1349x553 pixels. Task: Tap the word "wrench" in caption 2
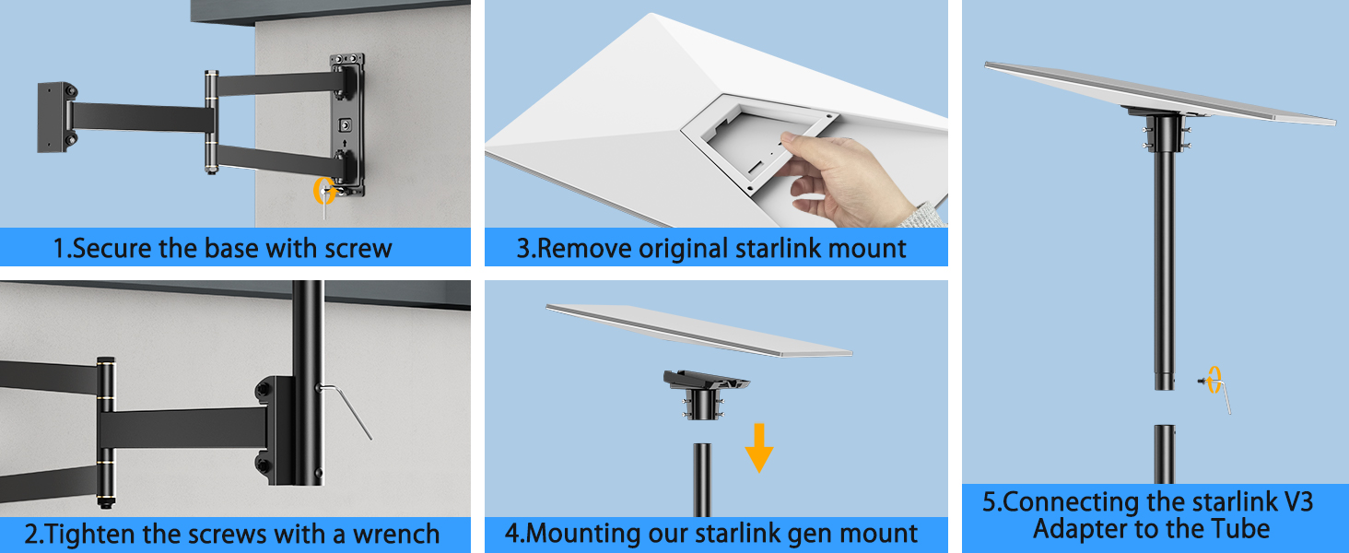[388, 535]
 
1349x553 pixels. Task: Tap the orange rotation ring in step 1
[323, 190]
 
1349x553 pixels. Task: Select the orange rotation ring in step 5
[1214, 379]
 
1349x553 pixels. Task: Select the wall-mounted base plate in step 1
[348, 125]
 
